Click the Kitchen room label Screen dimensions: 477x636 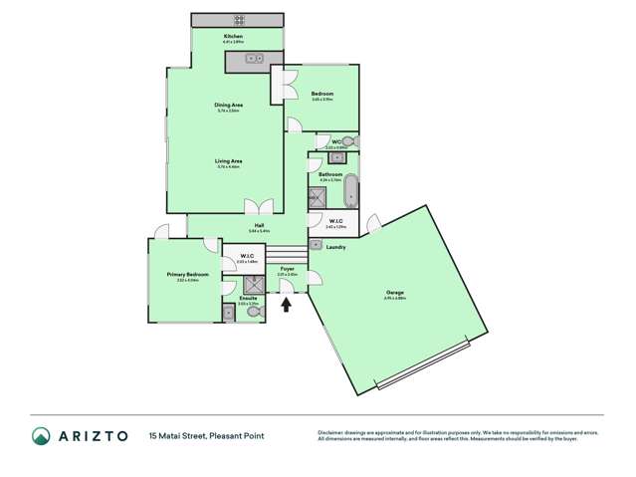tap(232, 37)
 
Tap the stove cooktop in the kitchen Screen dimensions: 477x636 tap(239, 19)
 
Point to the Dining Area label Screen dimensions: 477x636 tap(229, 104)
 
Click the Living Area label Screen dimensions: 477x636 tap(229, 160)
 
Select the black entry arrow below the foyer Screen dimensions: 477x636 tap(288, 303)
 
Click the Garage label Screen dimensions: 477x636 tap(394, 292)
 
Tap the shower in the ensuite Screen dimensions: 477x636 tap(248, 284)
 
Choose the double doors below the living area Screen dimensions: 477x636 tap(261, 207)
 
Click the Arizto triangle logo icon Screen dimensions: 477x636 tap(42, 436)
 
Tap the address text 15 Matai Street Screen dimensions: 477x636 tap(175, 436)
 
